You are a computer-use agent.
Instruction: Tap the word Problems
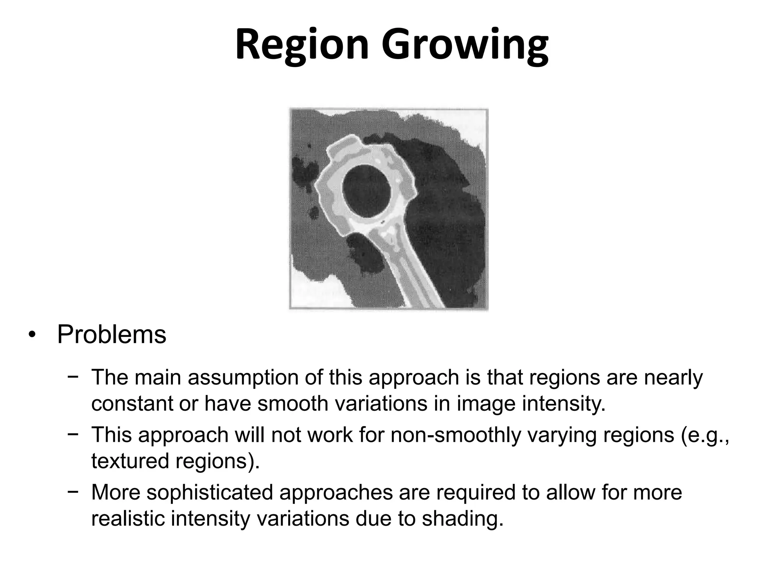pos(112,335)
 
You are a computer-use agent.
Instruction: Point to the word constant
pos(132,403)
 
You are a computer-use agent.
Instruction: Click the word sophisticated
pos(210,492)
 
